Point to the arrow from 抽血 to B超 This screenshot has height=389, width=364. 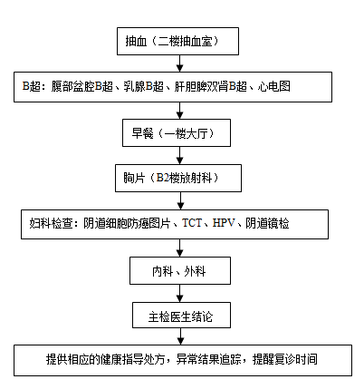(x=180, y=63)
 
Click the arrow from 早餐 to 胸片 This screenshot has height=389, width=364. (x=180, y=156)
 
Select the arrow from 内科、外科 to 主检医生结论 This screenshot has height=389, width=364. (x=180, y=294)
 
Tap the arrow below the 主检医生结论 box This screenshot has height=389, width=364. (x=180, y=336)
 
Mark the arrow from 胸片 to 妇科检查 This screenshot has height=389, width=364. (x=180, y=201)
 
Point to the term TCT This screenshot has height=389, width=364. (x=192, y=223)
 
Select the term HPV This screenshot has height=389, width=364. (x=224, y=223)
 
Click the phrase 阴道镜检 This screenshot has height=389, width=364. (x=267, y=223)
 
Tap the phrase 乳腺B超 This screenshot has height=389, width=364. (x=144, y=86)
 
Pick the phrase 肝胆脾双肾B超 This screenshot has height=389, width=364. (x=211, y=86)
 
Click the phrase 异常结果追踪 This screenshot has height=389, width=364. (x=209, y=359)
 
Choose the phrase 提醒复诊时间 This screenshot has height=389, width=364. (x=285, y=359)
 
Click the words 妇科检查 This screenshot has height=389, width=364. (x=51, y=223)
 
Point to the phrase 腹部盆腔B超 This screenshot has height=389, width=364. (x=81, y=86)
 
